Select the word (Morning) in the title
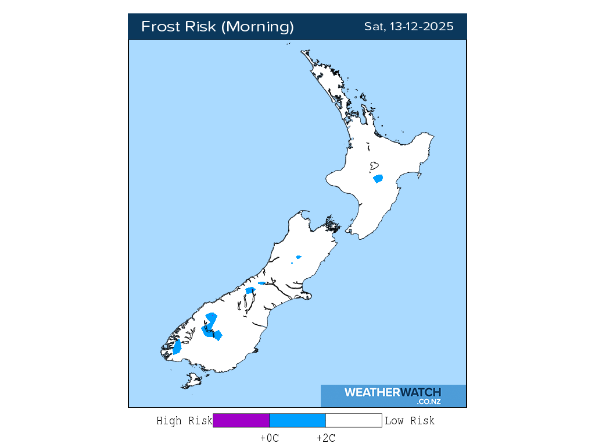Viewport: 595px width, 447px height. (x=259, y=27)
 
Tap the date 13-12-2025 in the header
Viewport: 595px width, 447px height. (x=419, y=27)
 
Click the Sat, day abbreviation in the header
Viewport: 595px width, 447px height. (x=374, y=27)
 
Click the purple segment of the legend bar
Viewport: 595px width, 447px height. (x=241, y=420)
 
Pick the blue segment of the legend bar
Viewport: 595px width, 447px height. (x=297, y=420)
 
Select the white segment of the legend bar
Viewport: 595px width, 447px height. (x=353, y=420)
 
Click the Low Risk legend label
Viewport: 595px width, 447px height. (x=409, y=420)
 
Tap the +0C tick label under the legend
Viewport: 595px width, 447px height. (x=270, y=438)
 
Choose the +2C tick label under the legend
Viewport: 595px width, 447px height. (x=325, y=438)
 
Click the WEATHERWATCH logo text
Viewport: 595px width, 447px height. (x=392, y=392)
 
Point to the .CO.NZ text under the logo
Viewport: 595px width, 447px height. (x=428, y=402)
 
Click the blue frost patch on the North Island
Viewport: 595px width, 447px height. (x=378, y=179)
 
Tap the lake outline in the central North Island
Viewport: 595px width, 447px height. (x=375, y=167)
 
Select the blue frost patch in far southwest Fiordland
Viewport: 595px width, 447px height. (x=177, y=347)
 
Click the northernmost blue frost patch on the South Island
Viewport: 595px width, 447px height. (x=299, y=257)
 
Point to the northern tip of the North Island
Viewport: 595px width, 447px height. (x=303, y=52)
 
